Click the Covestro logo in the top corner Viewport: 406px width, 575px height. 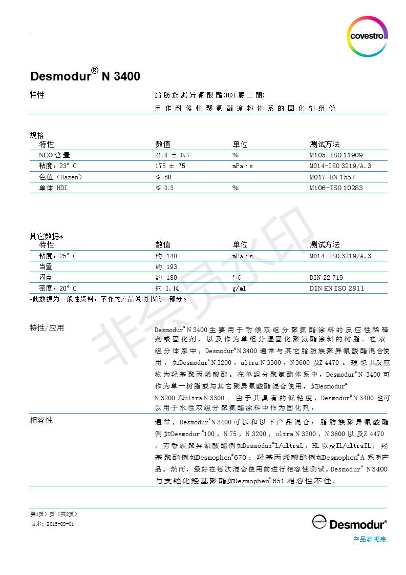click(367, 36)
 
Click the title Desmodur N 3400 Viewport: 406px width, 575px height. click(85, 77)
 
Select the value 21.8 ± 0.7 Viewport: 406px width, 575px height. click(173, 155)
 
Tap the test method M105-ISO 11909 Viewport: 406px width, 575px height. click(336, 155)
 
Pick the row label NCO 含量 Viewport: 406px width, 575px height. click(54, 155)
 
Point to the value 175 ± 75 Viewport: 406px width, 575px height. click(170, 166)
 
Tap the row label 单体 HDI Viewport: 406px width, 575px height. click(53, 188)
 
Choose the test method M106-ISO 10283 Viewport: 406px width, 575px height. click(336, 188)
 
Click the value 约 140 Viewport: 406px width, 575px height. click(166, 256)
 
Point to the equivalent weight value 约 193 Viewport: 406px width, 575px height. click(166, 266)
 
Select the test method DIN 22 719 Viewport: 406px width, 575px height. click(326, 278)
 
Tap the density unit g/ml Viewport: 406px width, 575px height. click(239, 289)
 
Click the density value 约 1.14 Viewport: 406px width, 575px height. click(167, 289)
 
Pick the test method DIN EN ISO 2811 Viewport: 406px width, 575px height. click(337, 289)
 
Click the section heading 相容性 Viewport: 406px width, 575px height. click(41, 420)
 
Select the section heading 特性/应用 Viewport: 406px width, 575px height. click(47, 328)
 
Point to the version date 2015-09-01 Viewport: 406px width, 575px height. click(60, 524)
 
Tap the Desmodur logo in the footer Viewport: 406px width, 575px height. click(350, 523)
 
